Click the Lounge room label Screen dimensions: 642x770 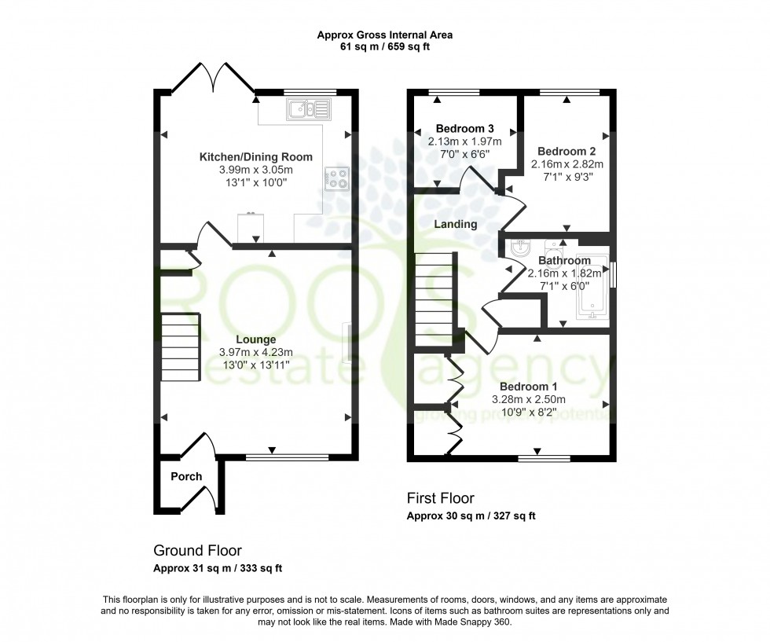(255, 339)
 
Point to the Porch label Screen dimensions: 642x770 (186, 476)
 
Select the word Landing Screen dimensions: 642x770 (456, 224)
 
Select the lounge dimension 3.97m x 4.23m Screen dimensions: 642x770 (255, 352)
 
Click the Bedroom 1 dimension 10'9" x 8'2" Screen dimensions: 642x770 (529, 413)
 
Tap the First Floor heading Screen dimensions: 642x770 (440, 498)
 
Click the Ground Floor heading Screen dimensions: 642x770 (197, 550)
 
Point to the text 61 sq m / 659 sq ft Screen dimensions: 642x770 (384, 47)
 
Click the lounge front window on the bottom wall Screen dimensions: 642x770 (287, 457)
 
